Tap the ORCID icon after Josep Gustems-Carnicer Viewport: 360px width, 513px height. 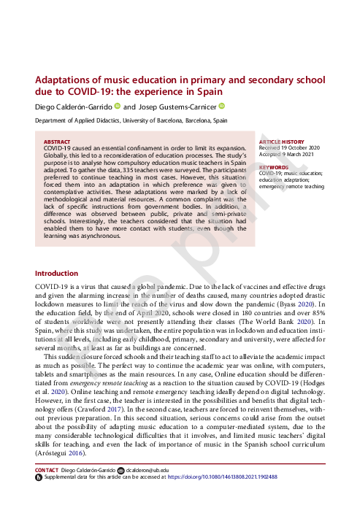coord(222,107)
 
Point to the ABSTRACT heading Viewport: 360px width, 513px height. coord(57,142)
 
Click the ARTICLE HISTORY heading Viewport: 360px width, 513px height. coord(281,141)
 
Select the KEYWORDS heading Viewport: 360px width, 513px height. coord(273,167)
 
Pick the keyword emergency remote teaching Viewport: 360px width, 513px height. coord(291,186)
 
